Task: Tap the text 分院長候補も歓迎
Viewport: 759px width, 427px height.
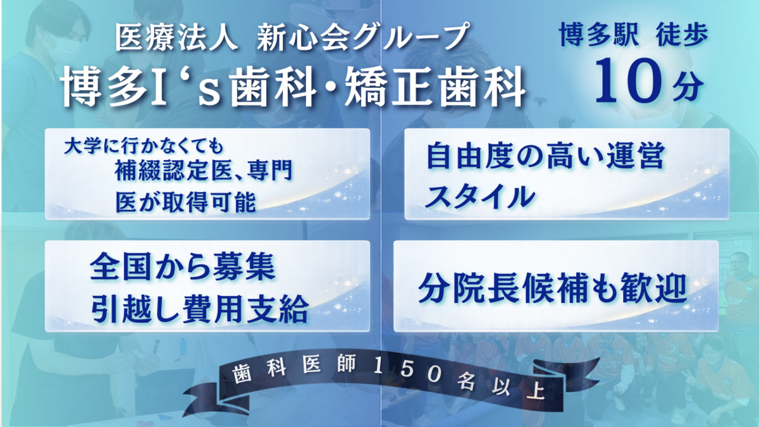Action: tap(552, 289)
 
